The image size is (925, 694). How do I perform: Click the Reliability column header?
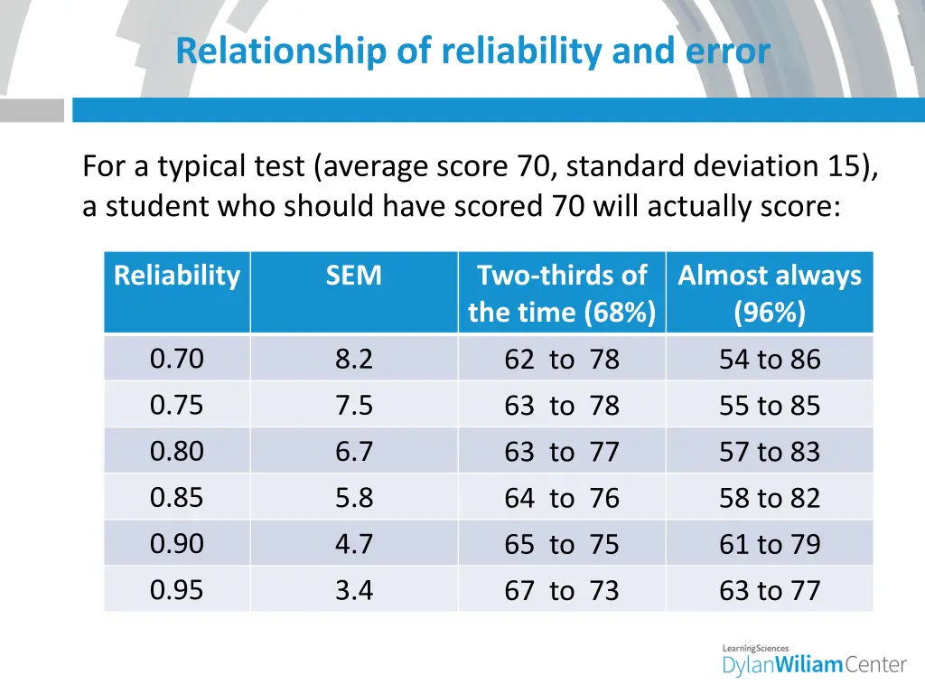[x=177, y=276]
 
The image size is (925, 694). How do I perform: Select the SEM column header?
[x=353, y=276]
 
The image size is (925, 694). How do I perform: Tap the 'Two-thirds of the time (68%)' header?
[x=562, y=294]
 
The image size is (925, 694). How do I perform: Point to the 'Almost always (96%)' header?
[x=770, y=294]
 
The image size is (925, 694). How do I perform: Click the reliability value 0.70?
[x=177, y=359]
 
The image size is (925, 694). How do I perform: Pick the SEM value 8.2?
[x=353, y=360]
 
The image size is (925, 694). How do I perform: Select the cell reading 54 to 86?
[x=770, y=360]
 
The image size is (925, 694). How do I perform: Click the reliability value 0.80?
[x=177, y=451]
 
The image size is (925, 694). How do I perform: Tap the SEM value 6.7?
[x=353, y=452]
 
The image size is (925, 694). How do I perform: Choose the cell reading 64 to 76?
[x=562, y=498]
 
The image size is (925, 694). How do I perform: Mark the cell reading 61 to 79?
[x=770, y=544]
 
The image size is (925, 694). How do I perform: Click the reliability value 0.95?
[x=177, y=590]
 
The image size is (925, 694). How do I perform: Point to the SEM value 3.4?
[x=353, y=591]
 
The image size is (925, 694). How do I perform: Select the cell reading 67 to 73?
[x=562, y=591]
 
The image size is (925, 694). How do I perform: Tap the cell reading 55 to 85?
[x=770, y=406]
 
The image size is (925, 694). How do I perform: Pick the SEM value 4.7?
[x=353, y=544]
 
